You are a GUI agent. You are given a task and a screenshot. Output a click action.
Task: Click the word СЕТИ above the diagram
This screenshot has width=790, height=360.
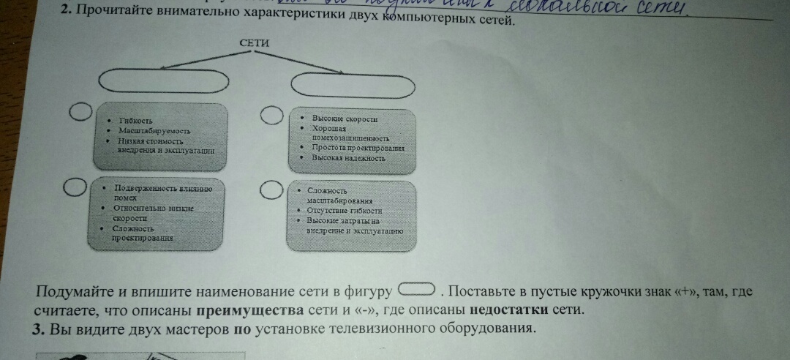(254, 43)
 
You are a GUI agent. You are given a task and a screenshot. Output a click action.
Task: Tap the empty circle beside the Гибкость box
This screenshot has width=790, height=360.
(80, 112)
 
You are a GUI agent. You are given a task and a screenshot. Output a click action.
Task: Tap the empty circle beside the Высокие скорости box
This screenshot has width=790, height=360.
(271, 116)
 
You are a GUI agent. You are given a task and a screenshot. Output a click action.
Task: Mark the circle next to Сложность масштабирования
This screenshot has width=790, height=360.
(271, 190)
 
